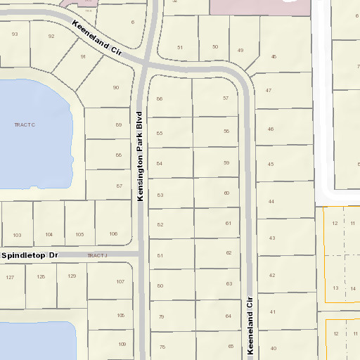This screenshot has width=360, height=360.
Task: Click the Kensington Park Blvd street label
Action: pyautogui.click(x=140, y=156)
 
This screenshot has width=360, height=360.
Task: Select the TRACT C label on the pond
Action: pyautogui.click(x=24, y=124)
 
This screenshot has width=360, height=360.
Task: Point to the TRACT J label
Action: pyautogui.click(x=99, y=255)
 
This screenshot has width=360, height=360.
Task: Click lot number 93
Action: pyautogui.click(x=15, y=34)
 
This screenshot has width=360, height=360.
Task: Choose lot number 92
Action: pyautogui.click(x=51, y=36)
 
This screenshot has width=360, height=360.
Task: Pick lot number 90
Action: pyautogui.click(x=116, y=87)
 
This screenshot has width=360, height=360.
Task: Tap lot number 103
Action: pyautogui.click(x=18, y=234)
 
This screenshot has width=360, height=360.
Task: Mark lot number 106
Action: pyautogui.click(x=113, y=233)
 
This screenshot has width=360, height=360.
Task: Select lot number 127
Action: pyautogui.click(x=10, y=277)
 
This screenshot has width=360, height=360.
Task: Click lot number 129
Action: pyautogui.click(x=72, y=276)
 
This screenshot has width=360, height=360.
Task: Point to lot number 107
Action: pyautogui.click(x=120, y=281)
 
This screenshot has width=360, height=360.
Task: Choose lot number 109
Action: pyautogui.click(x=122, y=344)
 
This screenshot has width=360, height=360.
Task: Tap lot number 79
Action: pyautogui.click(x=161, y=316)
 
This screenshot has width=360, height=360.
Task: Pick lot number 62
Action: pyautogui.click(x=229, y=252)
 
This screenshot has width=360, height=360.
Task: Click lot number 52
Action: pyautogui.click(x=160, y=224)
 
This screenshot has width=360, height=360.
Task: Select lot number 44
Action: pyautogui.click(x=271, y=202)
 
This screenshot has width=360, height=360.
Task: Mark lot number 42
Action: pyautogui.click(x=272, y=275)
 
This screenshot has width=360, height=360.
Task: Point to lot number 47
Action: pyautogui.click(x=269, y=91)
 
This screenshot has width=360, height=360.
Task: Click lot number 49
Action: pyautogui.click(x=240, y=51)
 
